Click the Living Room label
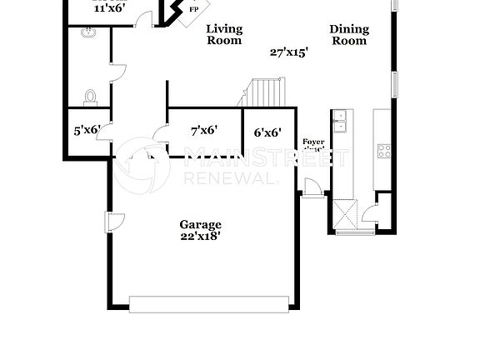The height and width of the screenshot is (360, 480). [x=224, y=34]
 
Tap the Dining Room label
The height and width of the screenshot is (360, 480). [x=349, y=34]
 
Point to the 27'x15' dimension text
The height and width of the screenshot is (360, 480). [x=289, y=52]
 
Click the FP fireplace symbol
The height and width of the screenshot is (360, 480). [x=193, y=9]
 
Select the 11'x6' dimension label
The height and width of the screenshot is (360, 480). [x=108, y=7]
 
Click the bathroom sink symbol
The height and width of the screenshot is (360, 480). [x=88, y=33]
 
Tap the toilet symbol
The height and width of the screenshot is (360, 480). [x=91, y=97]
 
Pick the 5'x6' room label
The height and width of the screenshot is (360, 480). [x=87, y=130]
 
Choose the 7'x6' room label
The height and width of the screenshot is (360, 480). [x=204, y=130]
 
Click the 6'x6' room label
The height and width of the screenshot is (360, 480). [x=267, y=132]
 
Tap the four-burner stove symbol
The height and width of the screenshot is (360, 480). [x=384, y=151]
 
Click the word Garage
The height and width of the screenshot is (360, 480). [x=201, y=224]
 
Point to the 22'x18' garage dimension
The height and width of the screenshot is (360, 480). [x=201, y=236]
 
